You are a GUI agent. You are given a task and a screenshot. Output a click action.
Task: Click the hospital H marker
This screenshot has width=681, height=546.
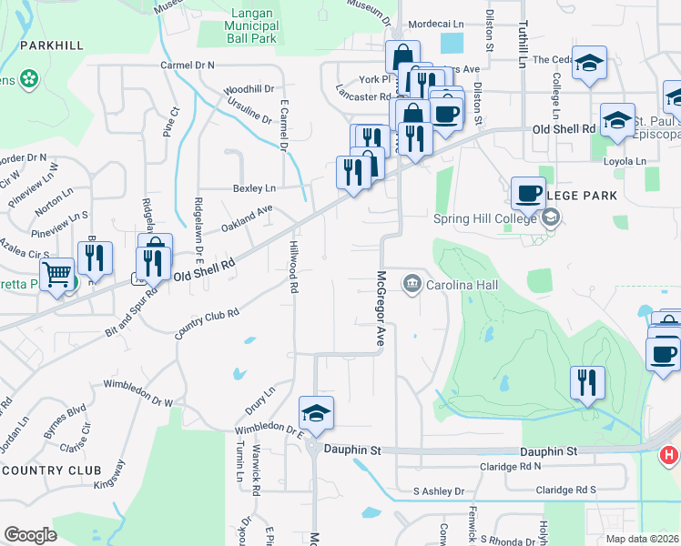coord(669,454)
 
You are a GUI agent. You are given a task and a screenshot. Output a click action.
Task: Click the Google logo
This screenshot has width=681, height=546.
coord(30,534)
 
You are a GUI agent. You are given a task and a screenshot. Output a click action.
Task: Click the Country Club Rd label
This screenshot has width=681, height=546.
coord(208,325)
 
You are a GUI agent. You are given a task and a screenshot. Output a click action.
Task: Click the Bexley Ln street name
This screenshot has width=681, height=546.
coord(254,188)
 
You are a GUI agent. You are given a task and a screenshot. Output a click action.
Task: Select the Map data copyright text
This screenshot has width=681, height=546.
coord(643,539)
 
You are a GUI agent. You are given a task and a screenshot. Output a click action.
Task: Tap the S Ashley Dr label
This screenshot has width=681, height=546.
coord(439,491)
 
